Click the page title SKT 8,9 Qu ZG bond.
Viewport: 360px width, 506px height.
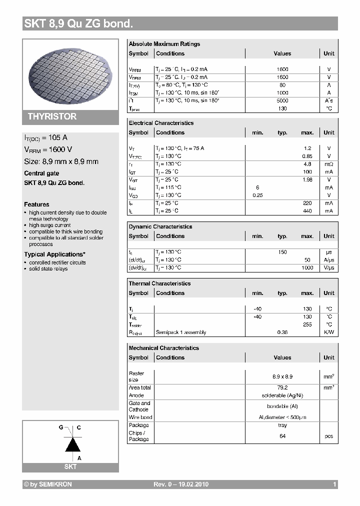[x=78, y=23]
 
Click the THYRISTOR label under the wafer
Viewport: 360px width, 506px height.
[x=52, y=116]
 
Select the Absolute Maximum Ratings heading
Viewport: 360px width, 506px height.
[x=164, y=44]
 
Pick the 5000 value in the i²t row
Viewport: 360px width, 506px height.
[x=282, y=100]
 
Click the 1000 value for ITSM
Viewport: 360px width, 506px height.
[x=282, y=93]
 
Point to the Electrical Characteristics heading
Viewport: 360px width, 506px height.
[x=161, y=123]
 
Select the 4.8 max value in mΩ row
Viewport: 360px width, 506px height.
[x=307, y=164]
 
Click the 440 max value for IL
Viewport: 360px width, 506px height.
[x=307, y=211]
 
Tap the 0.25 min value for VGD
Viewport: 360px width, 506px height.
[x=257, y=195]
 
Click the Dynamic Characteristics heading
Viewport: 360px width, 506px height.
[x=160, y=226]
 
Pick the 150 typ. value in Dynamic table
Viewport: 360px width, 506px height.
[x=282, y=252]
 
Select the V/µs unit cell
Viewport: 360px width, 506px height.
[x=328, y=267]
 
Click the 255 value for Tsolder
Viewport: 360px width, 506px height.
[x=307, y=324]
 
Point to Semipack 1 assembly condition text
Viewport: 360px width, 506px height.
[x=180, y=332]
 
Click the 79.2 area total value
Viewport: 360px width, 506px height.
[x=282, y=387]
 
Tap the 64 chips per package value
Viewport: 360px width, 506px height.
[x=282, y=436]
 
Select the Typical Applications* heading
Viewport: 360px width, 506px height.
[x=54, y=254]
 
